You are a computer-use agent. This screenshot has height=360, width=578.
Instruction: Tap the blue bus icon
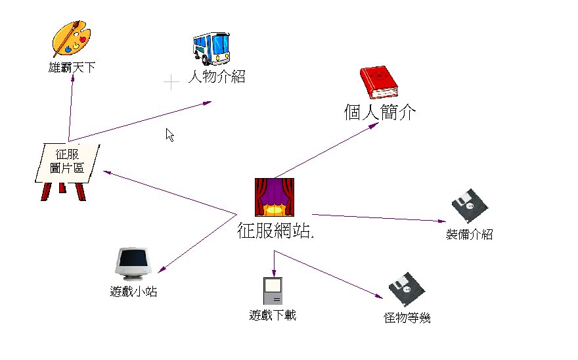click(211, 48)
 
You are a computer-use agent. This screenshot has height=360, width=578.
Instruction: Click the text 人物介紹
click(216, 77)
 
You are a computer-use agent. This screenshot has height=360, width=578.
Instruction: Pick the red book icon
click(378, 83)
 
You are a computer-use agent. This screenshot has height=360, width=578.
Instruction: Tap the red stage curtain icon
click(274, 197)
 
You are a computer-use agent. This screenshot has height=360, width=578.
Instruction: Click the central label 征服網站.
click(275, 231)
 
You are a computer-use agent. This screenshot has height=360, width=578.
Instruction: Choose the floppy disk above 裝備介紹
click(470, 207)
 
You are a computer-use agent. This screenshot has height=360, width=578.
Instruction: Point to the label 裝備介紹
click(469, 235)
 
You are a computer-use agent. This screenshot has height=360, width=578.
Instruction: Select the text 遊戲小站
click(133, 292)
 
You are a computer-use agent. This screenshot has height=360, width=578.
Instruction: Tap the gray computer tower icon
click(272, 291)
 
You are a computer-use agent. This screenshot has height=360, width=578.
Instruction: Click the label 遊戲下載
click(273, 315)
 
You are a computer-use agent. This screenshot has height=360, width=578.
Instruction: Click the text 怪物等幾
click(407, 319)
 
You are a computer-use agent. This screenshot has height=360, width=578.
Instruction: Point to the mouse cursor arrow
click(169, 135)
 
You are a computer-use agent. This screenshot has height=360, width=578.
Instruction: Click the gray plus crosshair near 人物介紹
click(171, 82)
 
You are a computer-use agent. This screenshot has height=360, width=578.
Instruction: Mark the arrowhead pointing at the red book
click(373, 124)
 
